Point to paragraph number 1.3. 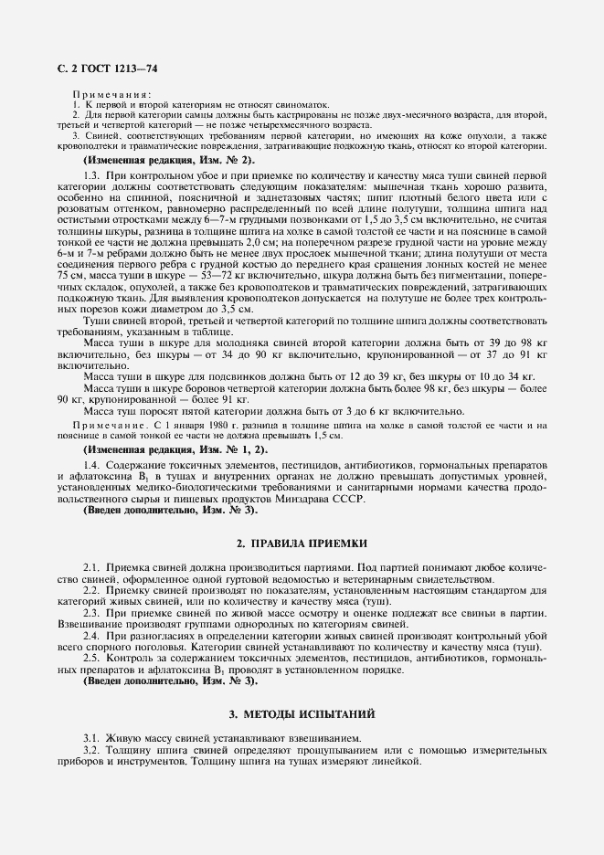pyautogui.click(x=91, y=174)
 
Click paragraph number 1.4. pyautogui.click(x=91, y=466)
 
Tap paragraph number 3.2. pyautogui.click(x=91, y=749)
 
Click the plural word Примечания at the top pyautogui.click(x=110, y=95)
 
